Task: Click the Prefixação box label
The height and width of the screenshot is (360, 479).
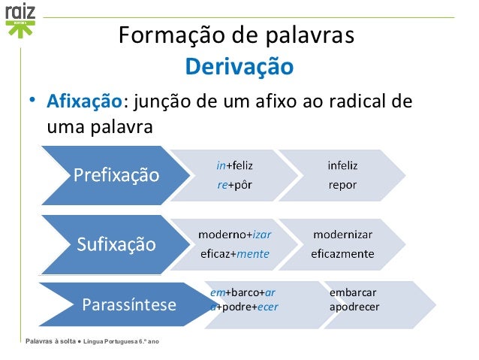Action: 116,177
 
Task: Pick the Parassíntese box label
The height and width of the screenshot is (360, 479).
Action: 129,305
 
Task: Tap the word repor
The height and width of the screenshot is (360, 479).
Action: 343,184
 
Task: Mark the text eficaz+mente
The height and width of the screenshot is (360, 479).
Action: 234,254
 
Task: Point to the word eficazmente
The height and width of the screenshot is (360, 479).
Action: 343,254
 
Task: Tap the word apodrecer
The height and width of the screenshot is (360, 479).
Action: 355,307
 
